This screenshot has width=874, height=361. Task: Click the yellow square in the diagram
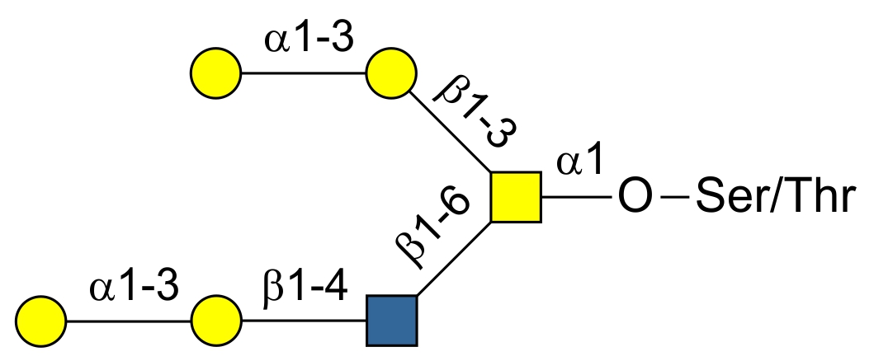point(516,198)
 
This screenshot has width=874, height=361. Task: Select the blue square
point(392,320)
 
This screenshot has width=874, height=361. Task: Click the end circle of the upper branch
point(216,73)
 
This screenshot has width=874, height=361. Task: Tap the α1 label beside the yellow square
point(580,163)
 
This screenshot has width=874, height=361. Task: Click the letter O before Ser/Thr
point(635,199)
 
